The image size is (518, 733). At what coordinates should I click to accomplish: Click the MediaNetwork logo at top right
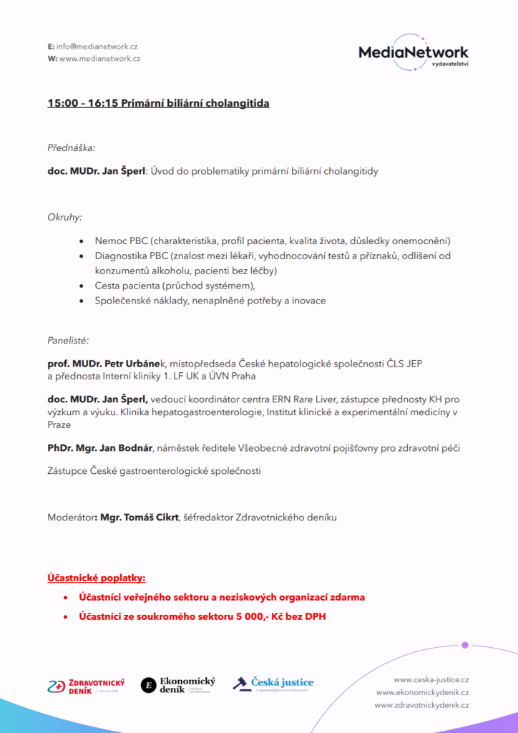(414, 52)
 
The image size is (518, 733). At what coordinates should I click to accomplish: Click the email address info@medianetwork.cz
(97, 47)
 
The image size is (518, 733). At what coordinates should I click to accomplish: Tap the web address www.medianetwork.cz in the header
(99, 59)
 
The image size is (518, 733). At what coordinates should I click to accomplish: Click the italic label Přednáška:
(72, 148)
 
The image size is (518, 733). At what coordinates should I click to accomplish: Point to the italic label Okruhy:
(65, 216)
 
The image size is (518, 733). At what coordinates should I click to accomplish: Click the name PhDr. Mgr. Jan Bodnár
(100, 448)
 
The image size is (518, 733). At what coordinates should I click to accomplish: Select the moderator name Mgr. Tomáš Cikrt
(140, 518)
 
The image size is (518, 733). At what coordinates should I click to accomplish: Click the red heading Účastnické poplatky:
(97, 578)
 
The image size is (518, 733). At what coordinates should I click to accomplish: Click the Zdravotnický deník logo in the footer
(86, 686)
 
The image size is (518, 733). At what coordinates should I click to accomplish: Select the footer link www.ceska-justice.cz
(431, 679)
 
